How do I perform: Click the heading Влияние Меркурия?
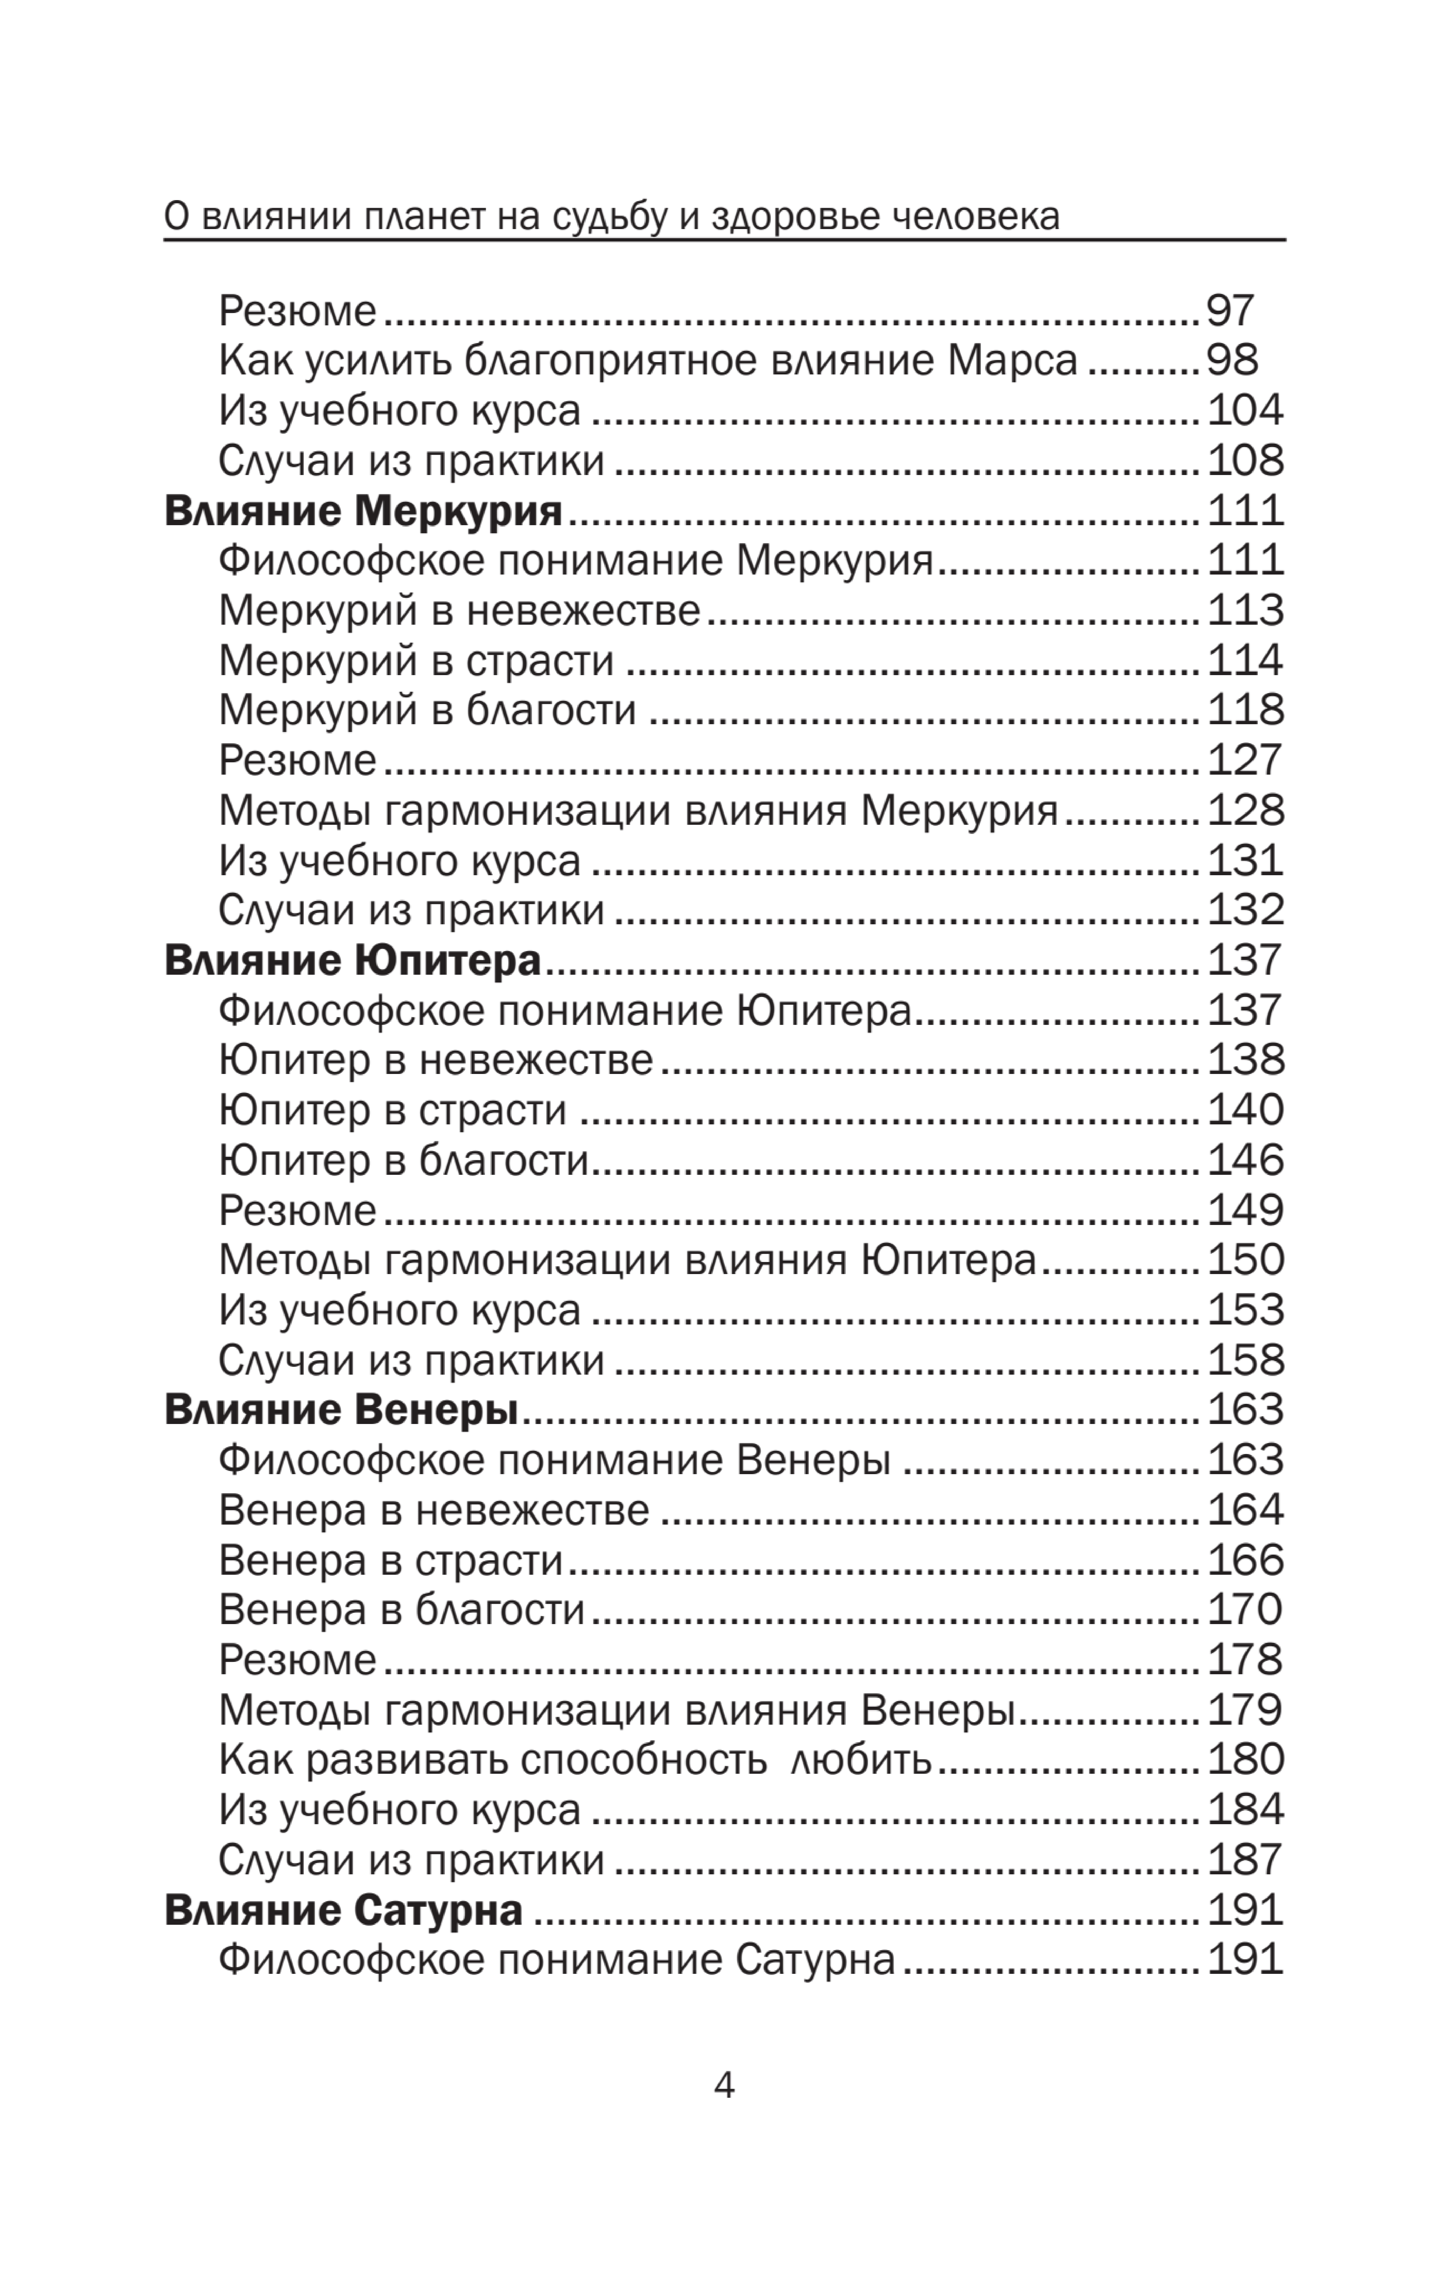tap(363, 511)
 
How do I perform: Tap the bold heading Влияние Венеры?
tap(341, 1410)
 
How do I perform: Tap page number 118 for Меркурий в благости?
tap(1245, 710)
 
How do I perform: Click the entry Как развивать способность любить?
tap(575, 1760)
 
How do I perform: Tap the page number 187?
tap(1245, 1859)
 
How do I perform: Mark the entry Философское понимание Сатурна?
tap(557, 1960)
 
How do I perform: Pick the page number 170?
tap(1245, 1609)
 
